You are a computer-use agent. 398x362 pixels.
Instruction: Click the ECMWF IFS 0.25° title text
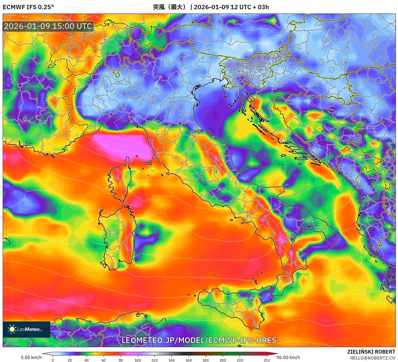28,7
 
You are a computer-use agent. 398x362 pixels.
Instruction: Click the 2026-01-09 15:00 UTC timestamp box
48,26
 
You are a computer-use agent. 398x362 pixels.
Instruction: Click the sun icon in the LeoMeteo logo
12,329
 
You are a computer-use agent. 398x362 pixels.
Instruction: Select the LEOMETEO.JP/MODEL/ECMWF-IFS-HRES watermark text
199,340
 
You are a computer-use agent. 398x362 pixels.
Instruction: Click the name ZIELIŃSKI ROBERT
371,352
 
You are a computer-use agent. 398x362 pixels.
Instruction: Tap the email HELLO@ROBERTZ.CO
373,358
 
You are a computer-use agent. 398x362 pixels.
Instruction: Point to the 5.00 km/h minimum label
31,357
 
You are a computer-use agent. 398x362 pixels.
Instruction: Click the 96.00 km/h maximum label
288,357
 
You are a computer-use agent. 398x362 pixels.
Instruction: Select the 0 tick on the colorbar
53,360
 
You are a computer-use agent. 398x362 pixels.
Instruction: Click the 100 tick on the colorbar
138,360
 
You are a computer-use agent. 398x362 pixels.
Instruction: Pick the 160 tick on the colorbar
189,360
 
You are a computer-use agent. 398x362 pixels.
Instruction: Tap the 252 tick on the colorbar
267,360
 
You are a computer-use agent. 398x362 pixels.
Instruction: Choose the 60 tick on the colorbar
104,360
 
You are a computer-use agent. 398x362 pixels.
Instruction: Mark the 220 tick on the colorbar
240,360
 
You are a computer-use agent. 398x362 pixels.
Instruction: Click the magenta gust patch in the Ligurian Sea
122,143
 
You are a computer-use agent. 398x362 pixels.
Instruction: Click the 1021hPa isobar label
14,344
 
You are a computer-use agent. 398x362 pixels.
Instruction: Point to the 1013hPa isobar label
199,278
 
